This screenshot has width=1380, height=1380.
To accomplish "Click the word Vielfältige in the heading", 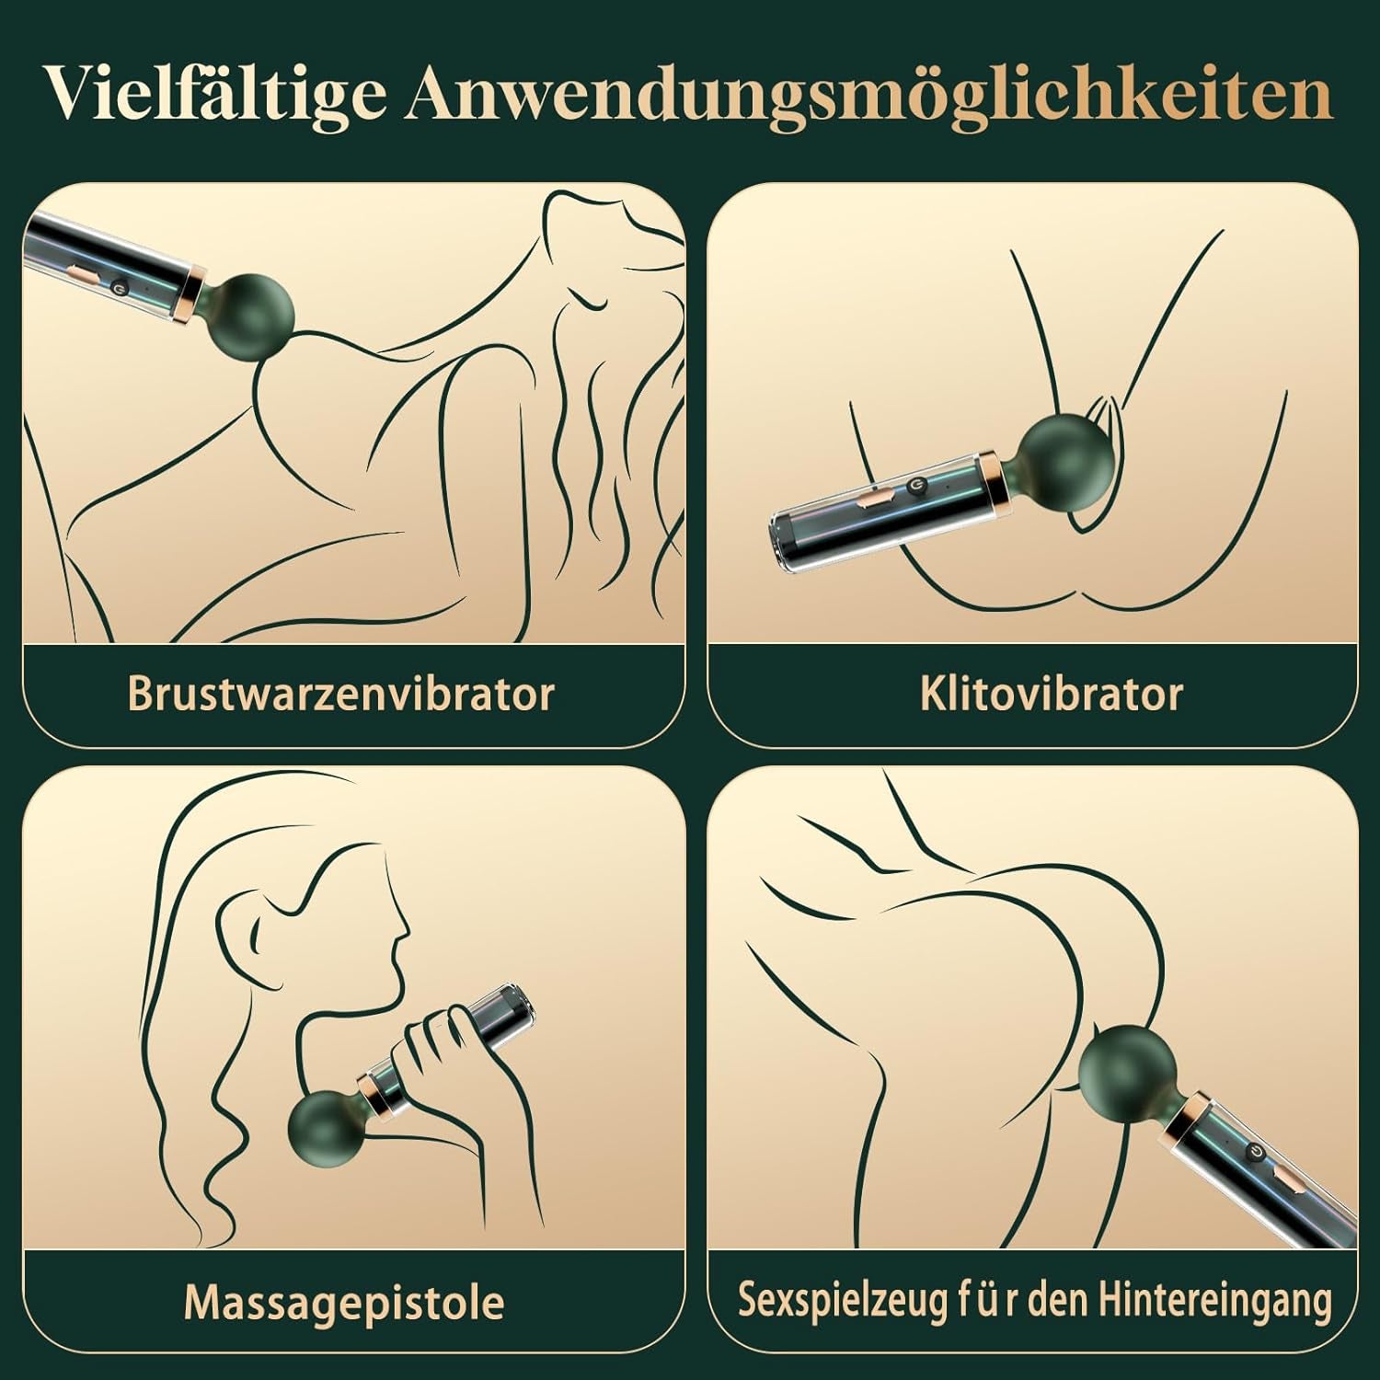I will (x=216, y=94).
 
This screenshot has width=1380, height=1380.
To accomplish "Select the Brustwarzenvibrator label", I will (x=340, y=695).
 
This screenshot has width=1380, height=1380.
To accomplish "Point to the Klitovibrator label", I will (x=1051, y=695).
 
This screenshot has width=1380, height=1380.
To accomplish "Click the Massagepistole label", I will (x=343, y=1302).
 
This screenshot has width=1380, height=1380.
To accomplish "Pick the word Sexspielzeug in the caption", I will (x=841, y=1300).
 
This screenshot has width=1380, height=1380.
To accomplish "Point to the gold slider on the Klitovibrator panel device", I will (x=876, y=502).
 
